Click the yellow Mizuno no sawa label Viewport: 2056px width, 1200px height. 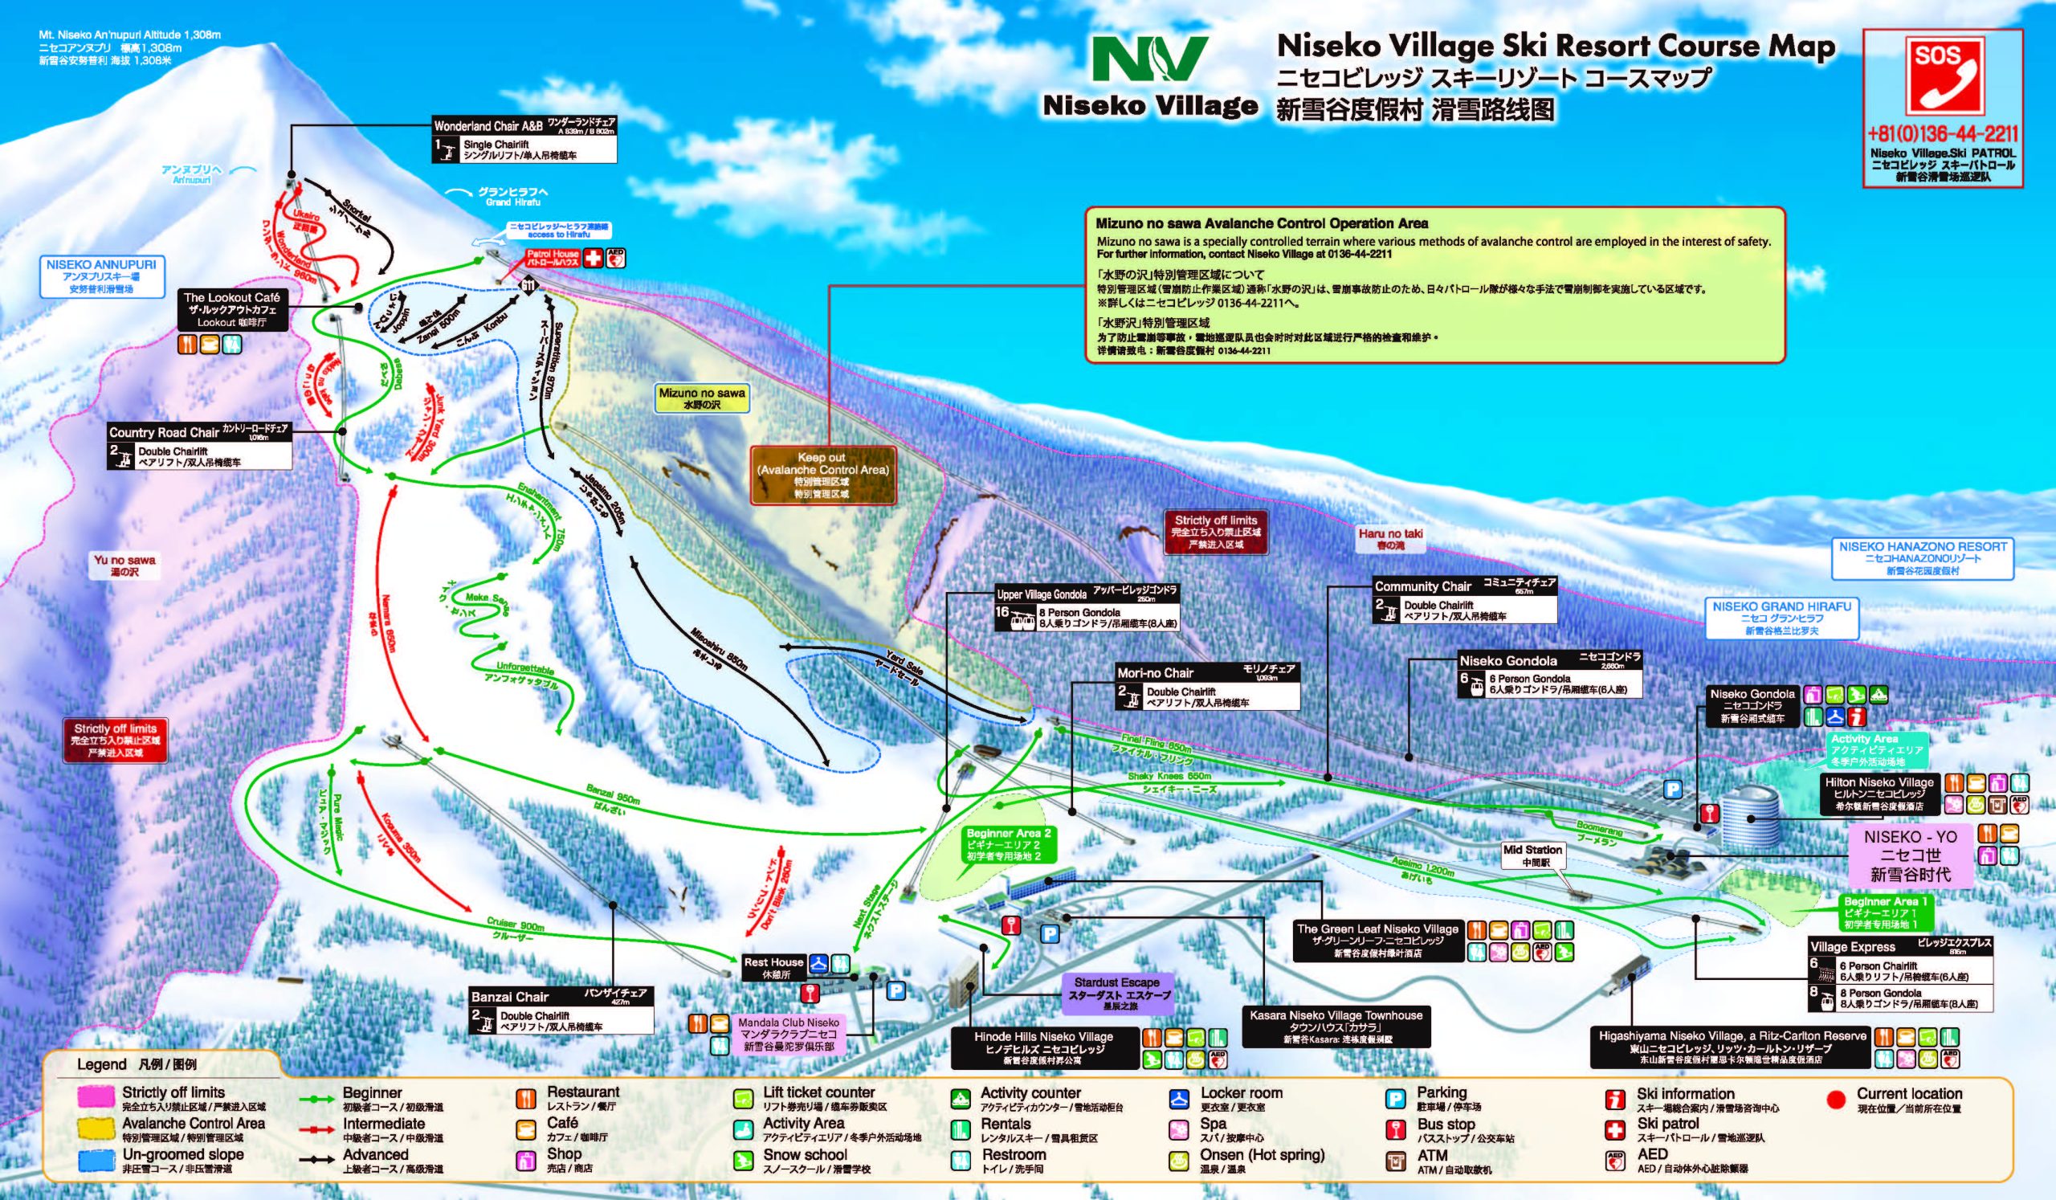702,398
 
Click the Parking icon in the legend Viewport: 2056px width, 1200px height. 1394,1099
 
